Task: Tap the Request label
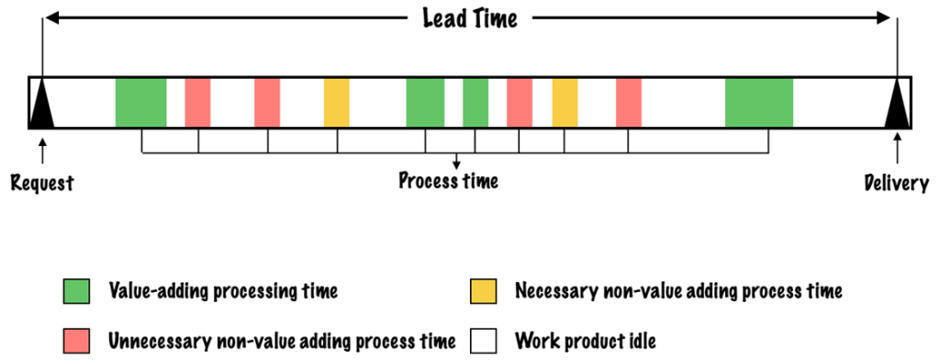coord(42,184)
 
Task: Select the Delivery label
coord(897,184)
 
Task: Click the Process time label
coord(448,180)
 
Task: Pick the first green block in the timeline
coord(140,102)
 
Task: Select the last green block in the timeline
coord(758,102)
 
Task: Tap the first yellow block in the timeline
coord(337,102)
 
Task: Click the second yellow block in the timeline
coord(565,102)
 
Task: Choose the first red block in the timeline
coord(197,102)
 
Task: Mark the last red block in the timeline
coord(628,102)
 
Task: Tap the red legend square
coord(74,341)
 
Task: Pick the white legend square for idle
coord(483,341)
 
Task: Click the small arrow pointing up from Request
coord(42,144)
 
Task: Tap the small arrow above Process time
coord(456,160)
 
